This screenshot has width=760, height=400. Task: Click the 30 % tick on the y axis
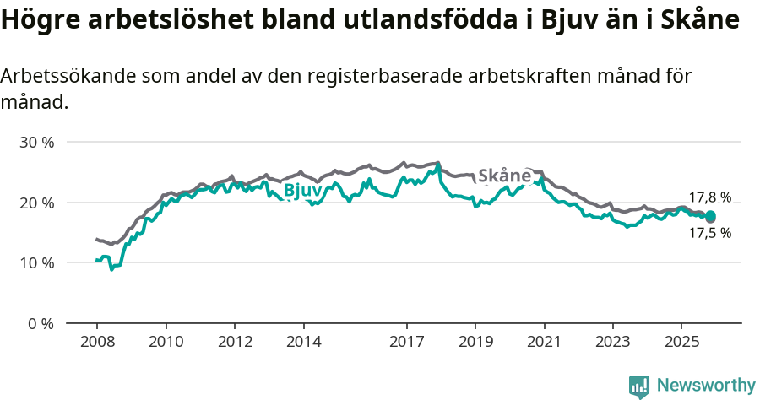click(x=37, y=142)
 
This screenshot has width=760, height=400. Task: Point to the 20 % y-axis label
click(x=37, y=203)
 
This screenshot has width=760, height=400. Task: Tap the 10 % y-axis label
click(x=37, y=262)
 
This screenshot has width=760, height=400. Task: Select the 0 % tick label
click(x=41, y=323)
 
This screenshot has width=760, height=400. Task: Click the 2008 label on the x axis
click(x=97, y=342)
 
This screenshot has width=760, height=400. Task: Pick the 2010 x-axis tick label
click(x=166, y=342)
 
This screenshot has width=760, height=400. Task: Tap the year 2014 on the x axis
click(x=303, y=342)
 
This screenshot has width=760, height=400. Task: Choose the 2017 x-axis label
click(x=406, y=342)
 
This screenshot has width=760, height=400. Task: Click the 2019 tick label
click(x=475, y=342)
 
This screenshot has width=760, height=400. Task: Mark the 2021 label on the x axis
click(x=544, y=342)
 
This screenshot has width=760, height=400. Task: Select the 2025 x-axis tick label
click(x=681, y=342)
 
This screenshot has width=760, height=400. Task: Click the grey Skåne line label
click(x=504, y=176)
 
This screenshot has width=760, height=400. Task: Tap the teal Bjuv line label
click(x=302, y=191)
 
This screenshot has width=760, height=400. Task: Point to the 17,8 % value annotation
click(x=709, y=197)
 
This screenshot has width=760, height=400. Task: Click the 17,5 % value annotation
click(x=709, y=233)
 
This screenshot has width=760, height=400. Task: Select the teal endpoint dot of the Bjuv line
click(x=710, y=216)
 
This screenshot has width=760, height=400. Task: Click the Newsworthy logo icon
click(x=639, y=386)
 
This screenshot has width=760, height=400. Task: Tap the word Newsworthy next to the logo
click(x=706, y=386)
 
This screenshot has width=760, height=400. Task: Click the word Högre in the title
click(x=41, y=20)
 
